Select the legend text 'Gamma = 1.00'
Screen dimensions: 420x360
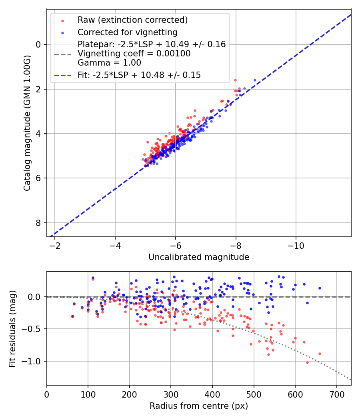click(x=109, y=63)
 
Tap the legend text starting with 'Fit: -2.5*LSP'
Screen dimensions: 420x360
click(x=139, y=75)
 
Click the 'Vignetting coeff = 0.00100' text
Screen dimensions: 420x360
click(x=134, y=54)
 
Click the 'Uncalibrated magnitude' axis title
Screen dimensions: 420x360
click(x=199, y=257)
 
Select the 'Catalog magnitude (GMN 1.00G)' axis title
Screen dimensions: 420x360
click(x=27, y=123)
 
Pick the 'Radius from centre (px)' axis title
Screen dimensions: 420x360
click(x=199, y=406)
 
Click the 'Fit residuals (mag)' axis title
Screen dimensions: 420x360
click(x=12, y=328)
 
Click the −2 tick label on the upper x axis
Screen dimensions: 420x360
click(x=55, y=245)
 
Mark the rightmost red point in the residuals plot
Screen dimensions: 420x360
click(x=320, y=354)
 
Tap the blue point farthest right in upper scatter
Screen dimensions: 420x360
click(x=255, y=80)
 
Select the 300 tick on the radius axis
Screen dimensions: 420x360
click(x=171, y=394)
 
